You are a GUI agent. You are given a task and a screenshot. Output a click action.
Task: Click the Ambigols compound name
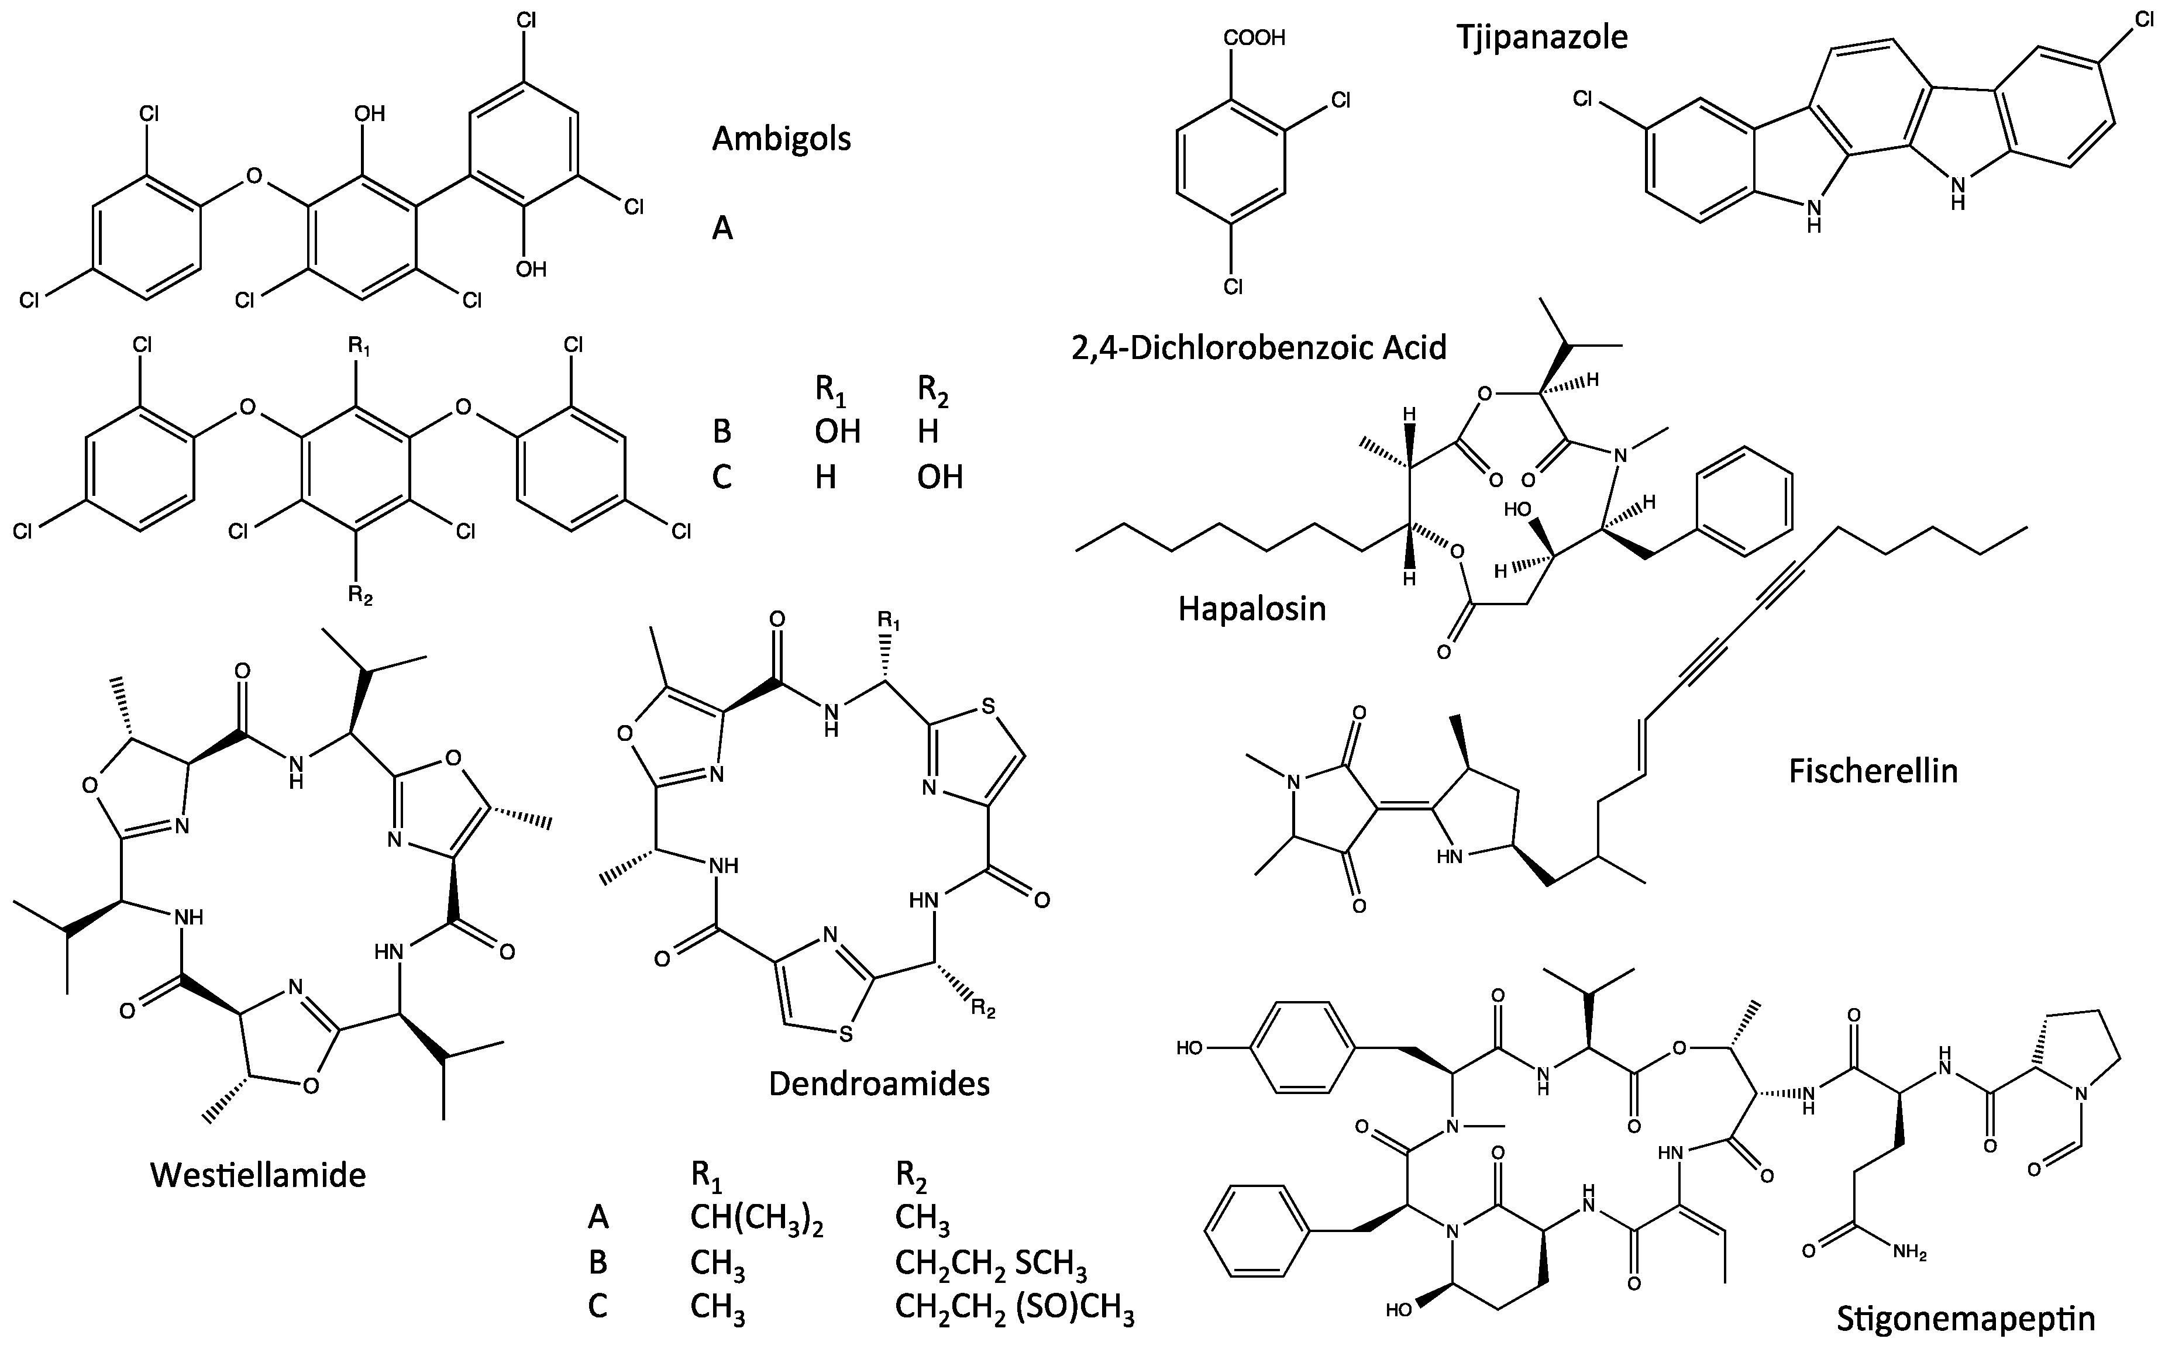click(781, 139)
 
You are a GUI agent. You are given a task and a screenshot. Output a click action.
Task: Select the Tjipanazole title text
click(1542, 37)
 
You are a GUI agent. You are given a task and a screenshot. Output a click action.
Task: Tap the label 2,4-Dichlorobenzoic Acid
click(1258, 347)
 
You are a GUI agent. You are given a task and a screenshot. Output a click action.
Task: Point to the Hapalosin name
click(1252, 609)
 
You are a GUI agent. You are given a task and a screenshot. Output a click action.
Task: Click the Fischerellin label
click(1873, 771)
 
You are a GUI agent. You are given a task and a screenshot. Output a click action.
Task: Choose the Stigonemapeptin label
click(1964, 1319)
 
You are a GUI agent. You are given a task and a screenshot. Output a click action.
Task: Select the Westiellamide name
click(258, 1175)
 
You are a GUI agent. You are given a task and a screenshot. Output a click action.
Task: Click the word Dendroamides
click(879, 1083)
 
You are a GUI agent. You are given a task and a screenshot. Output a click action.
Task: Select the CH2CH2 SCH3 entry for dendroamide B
click(990, 1264)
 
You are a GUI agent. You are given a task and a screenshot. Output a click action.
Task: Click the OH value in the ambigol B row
click(837, 432)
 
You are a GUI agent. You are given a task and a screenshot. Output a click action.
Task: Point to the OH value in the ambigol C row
click(939, 477)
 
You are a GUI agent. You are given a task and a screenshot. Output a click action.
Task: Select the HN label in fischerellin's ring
click(1450, 858)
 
